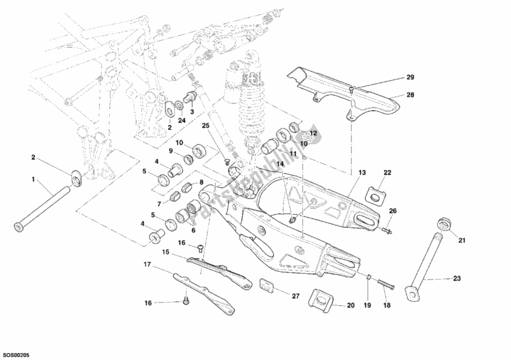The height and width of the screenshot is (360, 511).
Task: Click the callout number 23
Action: pyautogui.click(x=457, y=278)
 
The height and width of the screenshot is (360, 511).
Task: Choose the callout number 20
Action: pyautogui.click(x=351, y=306)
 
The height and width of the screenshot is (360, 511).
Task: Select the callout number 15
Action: pyautogui.click(x=166, y=252)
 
